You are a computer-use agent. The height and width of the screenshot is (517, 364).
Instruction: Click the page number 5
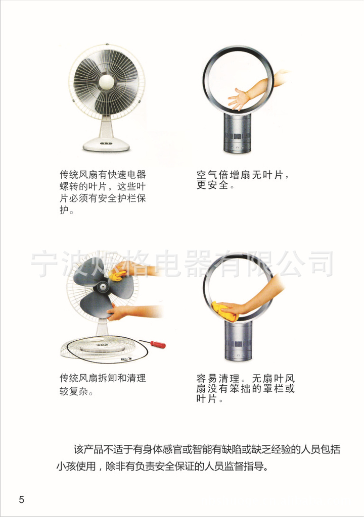point(21,499)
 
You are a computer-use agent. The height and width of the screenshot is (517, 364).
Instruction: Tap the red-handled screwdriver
point(153,343)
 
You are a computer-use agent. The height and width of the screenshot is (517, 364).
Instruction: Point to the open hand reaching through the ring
point(239,98)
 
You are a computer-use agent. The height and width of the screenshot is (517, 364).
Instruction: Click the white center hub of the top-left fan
point(106,82)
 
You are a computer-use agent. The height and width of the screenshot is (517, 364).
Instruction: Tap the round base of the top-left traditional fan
point(106,144)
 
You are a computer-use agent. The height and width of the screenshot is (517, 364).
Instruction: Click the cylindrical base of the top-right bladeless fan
point(238,133)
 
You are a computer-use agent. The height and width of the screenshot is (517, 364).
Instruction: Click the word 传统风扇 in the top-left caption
point(78,174)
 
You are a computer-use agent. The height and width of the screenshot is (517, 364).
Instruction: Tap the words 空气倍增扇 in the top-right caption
point(223,175)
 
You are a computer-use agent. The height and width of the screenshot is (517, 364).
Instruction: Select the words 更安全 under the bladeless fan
point(213,185)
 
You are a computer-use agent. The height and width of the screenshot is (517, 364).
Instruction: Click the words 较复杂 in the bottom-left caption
point(74,391)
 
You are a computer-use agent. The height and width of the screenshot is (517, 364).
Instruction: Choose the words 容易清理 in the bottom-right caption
point(218,378)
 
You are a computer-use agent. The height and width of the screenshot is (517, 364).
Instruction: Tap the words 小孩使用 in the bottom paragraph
point(76,467)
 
